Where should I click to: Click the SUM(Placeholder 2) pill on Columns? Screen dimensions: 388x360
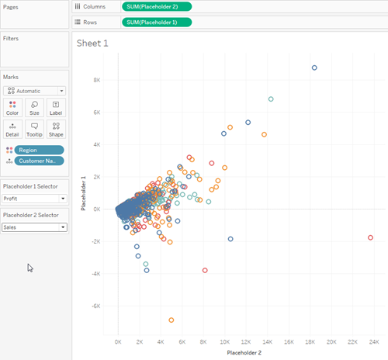(x=157, y=7)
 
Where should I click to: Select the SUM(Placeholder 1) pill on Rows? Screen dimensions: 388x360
(x=157, y=22)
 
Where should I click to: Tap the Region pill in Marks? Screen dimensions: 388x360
(x=39, y=150)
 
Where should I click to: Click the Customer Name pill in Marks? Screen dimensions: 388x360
(x=39, y=161)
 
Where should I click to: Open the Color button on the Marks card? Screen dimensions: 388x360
(x=12, y=108)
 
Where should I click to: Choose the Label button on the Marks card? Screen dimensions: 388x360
(x=56, y=108)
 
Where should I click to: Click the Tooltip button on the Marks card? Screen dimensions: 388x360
(x=34, y=129)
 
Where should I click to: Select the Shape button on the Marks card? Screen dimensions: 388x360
(x=56, y=129)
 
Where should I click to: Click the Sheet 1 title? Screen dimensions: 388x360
(x=92, y=43)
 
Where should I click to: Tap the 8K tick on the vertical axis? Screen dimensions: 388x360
(x=97, y=80)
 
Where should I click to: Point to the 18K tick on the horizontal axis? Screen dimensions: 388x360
(x=310, y=342)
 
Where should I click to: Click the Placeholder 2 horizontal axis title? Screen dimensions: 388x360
(x=244, y=352)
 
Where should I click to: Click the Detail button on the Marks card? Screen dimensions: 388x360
(x=12, y=129)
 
